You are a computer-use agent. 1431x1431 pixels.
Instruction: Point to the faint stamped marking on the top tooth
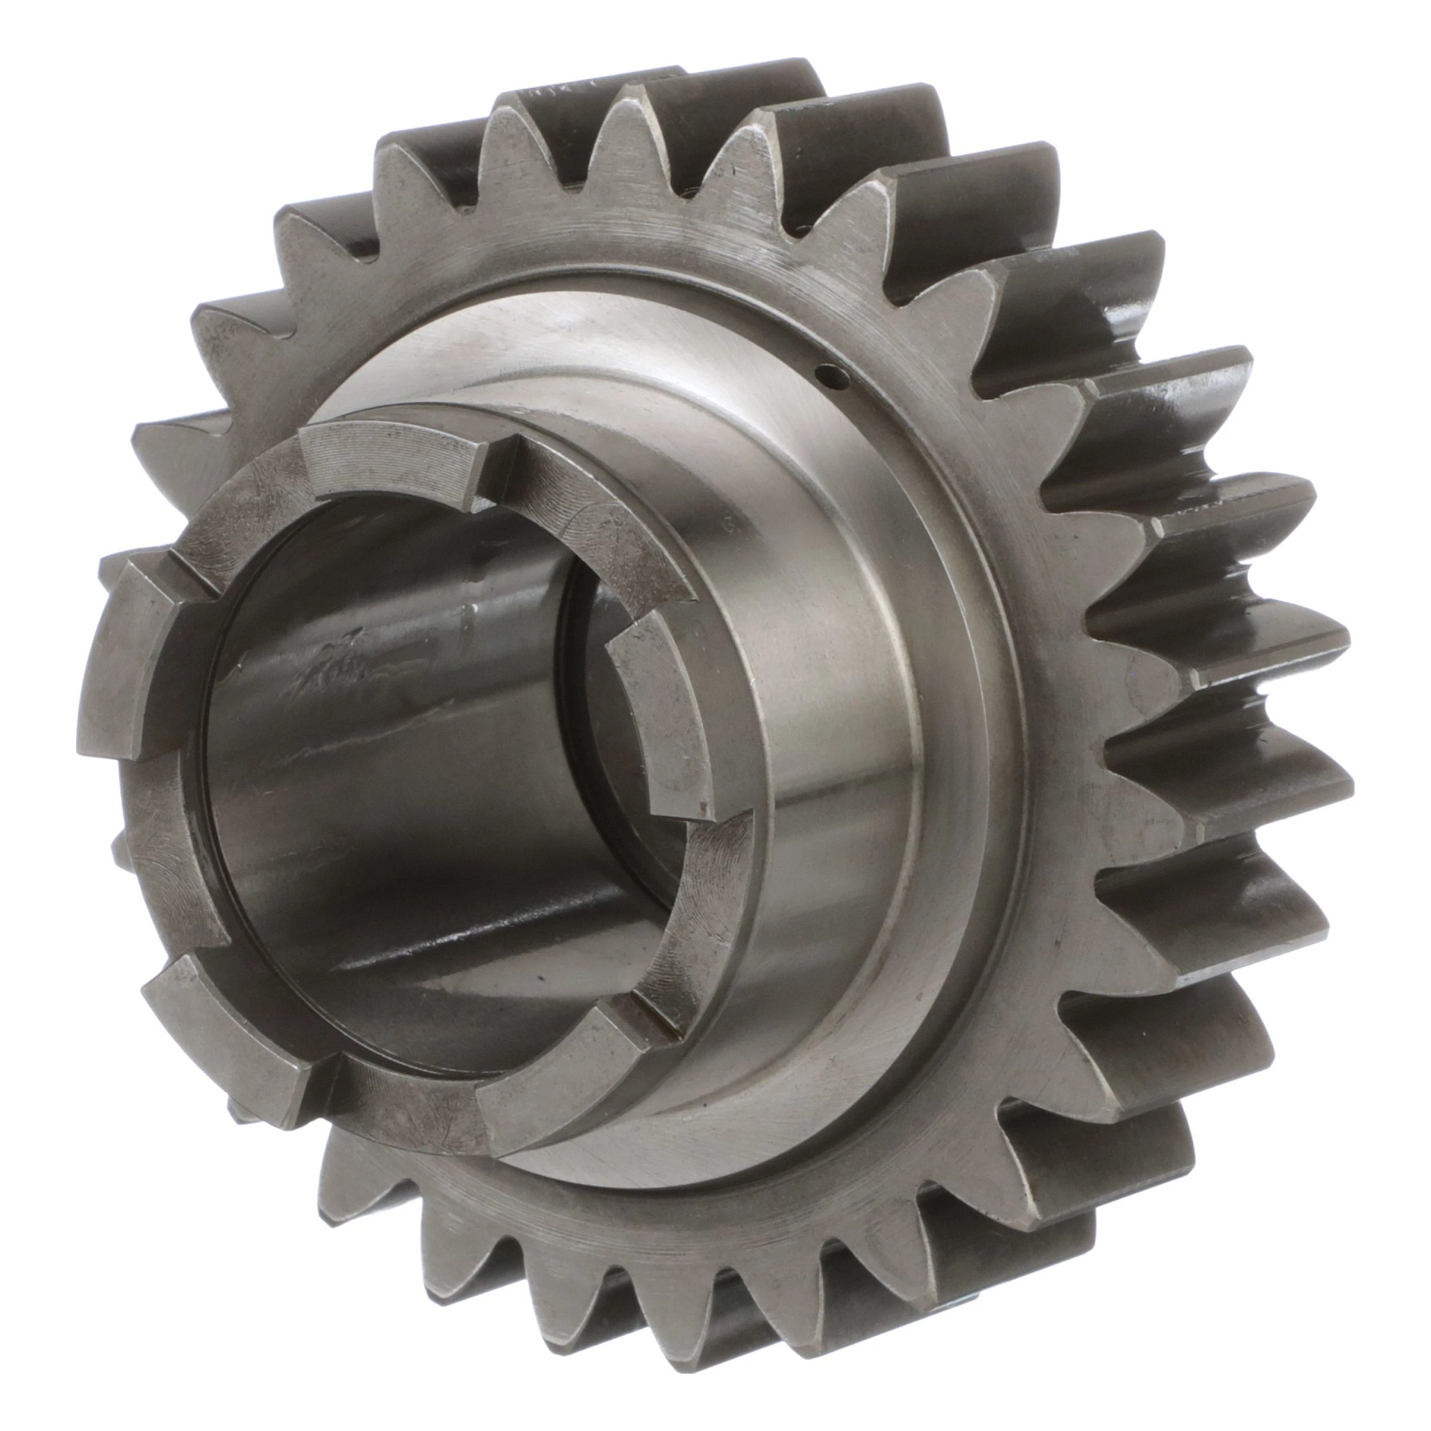544,94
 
